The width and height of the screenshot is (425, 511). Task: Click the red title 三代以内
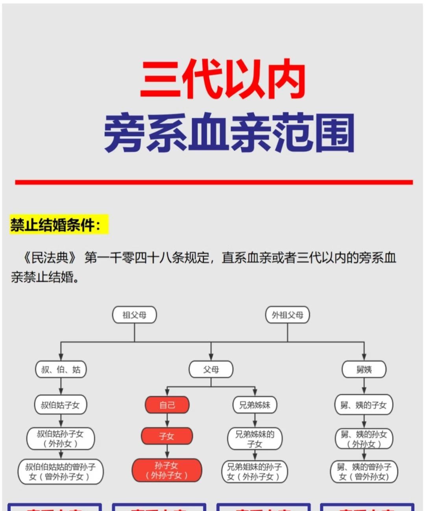[223, 80]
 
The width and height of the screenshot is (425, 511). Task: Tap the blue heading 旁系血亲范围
[229, 133]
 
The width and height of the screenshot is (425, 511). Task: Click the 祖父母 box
[135, 315]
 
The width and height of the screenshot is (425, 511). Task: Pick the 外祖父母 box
[288, 315]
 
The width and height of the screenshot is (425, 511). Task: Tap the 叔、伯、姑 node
[61, 369]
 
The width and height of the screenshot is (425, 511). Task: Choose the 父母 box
[211, 369]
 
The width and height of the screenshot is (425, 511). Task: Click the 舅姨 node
[364, 369]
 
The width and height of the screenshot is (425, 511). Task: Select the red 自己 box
[167, 405]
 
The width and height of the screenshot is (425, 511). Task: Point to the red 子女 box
[167, 436]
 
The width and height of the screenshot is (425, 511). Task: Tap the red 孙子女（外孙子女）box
[167, 470]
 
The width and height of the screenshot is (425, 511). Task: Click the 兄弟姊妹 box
[255, 405]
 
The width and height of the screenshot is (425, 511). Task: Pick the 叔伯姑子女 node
[61, 405]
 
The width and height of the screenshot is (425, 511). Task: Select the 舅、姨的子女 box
[364, 405]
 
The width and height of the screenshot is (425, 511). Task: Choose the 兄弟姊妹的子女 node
[255, 439]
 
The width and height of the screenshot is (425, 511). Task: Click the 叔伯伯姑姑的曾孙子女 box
[61, 472]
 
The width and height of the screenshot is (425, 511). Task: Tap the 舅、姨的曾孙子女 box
[364, 472]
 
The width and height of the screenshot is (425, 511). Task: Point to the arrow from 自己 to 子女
[167, 420]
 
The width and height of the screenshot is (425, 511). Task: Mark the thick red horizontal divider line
[214, 182]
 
